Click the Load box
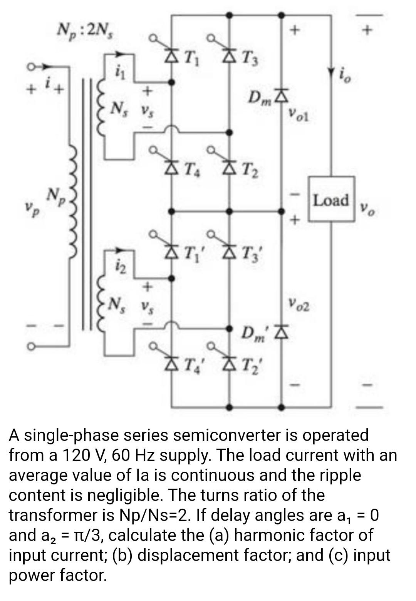(x=330, y=199)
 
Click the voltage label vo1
(x=299, y=114)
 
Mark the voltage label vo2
(x=299, y=306)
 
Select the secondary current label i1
(x=120, y=72)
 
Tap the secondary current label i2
(x=119, y=265)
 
